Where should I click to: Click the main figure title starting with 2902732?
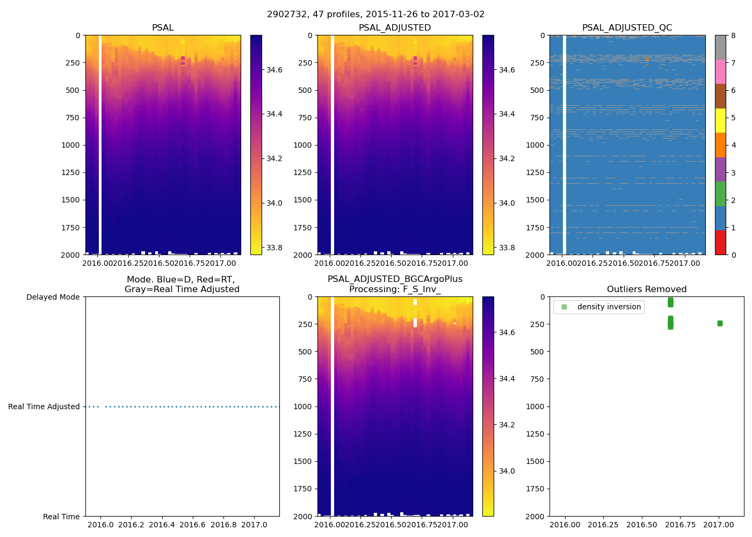(376, 14)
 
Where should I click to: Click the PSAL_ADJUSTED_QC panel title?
(627, 28)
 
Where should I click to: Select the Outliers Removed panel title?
(647, 289)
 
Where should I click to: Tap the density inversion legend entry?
(609, 307)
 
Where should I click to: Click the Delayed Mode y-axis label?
(53, 297)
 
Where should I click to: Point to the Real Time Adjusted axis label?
(44, 407)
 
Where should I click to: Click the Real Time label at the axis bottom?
(61, 517)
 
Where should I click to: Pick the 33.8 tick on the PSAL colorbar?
(274, 248)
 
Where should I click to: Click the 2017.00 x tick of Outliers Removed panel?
(719, 525)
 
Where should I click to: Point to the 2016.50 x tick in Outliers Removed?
(642, 525)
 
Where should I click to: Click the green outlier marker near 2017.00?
(720, 323)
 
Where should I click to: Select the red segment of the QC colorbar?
(720, 243)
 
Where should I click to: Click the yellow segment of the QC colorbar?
(720, 121)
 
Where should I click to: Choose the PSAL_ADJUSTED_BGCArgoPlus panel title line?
(395, 279)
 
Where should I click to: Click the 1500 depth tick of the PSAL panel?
(72, 200)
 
